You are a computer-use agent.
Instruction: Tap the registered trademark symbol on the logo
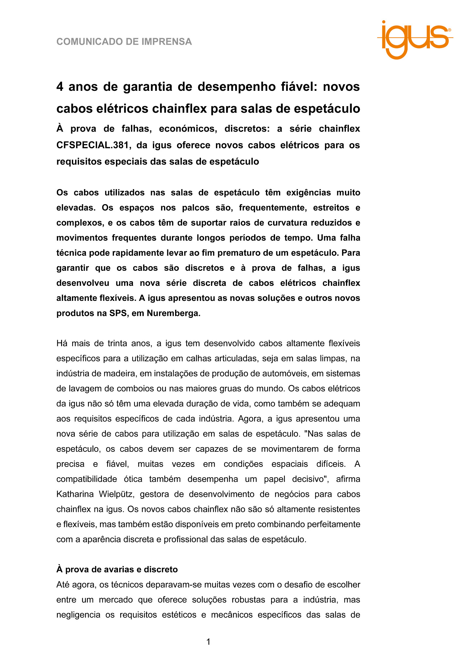tap(450, 30)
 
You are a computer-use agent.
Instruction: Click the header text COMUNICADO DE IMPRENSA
tap(124, 42)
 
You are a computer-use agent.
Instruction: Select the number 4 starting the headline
tap(60, 87)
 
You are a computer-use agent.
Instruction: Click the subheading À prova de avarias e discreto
tap(117, 570)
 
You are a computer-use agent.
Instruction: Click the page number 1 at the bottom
tap(208, 642)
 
